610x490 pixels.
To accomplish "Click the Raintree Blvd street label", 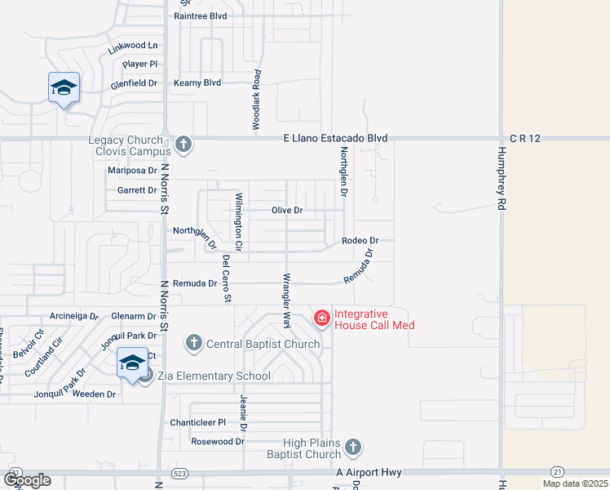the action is click(200, 16).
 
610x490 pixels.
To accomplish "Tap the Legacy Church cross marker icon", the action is click(183, 145).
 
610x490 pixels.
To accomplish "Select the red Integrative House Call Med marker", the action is click(322, 317).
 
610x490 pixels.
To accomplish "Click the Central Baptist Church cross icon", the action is click(194, 342).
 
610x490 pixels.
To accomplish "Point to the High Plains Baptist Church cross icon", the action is click(352, 447).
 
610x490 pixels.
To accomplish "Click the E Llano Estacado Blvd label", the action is click(335, 139).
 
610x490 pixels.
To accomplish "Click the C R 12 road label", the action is click(525, 139).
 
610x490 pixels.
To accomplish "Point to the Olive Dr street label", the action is click(287, 211).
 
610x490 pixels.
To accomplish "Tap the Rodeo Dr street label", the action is click(360, 241).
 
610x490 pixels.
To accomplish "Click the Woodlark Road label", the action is click(256, 100).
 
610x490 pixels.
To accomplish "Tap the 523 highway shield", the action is click(179, 474).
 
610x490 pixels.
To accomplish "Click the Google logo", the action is click(27, 480).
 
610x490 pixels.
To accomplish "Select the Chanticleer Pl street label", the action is click(197, 422).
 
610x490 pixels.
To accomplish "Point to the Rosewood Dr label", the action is click(217, 442).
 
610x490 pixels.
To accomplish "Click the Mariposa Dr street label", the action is click(132, 171).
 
